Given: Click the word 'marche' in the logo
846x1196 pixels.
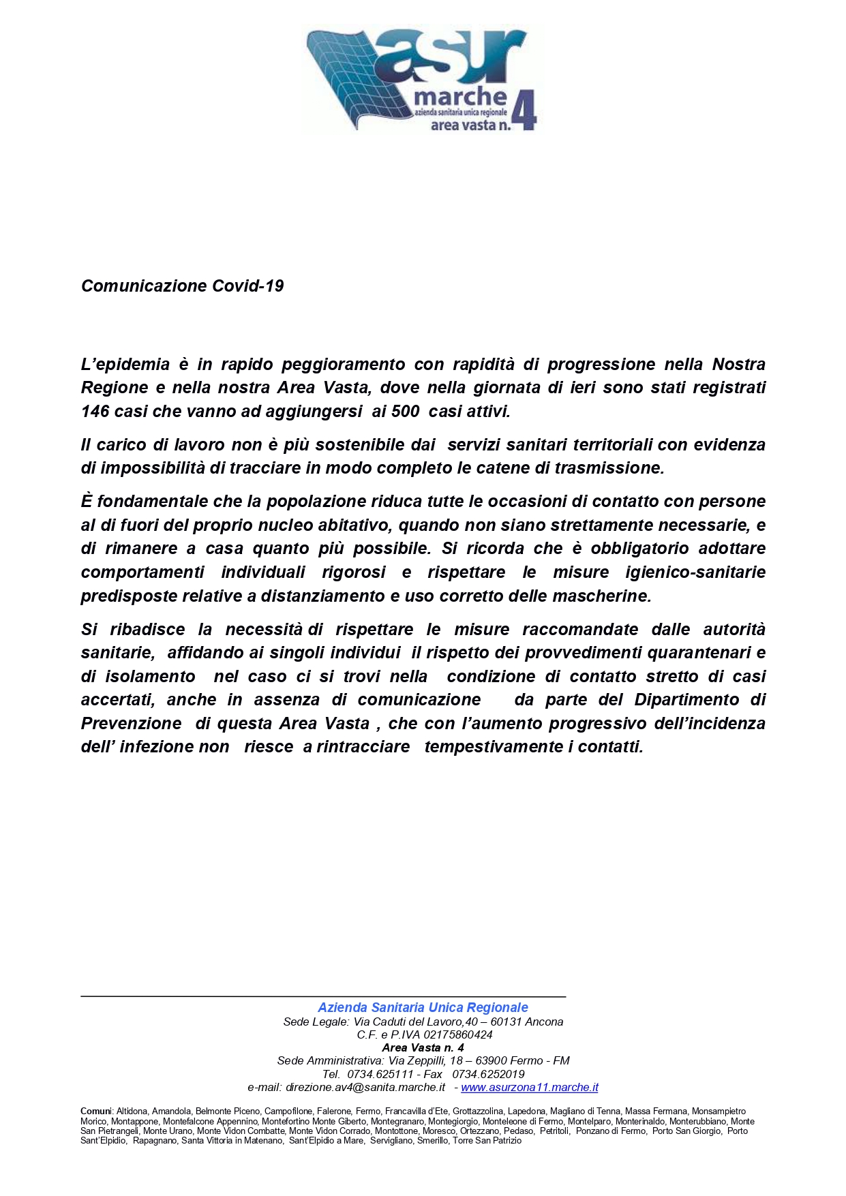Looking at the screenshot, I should pyautogui.click(x=460, y=97).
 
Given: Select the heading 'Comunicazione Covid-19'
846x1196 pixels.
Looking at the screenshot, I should pyautogui.click(x=182, y=286).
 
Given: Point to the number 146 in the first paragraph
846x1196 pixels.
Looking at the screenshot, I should pyautogui.click(x=95, y=412).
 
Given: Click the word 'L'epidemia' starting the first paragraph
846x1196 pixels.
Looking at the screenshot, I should pyautogui.click(x=125, y=365).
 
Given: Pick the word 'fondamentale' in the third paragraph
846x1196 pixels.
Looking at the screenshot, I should pyautogui.click(x=152, y=502).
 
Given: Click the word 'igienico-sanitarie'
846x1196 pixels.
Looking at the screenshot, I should pyautogui.click(x=695, y=572).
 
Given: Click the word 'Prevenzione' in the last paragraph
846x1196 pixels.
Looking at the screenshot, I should pyautogui.click(x=131, y=724).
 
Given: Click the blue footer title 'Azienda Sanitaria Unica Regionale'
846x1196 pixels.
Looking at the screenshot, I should pyautogui.click(x=423, y=1007).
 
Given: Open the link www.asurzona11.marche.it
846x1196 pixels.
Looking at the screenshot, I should pyautogui.click(x=530, y=1088).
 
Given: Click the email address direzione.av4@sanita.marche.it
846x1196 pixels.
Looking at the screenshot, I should pyautogui.click(x=365, y=1088).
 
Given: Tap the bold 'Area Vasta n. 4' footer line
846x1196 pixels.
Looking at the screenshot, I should pyautogui.click(x=423, y=1047).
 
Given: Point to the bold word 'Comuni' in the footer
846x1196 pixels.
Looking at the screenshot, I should pyautogui.click(x=96, y=1111).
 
